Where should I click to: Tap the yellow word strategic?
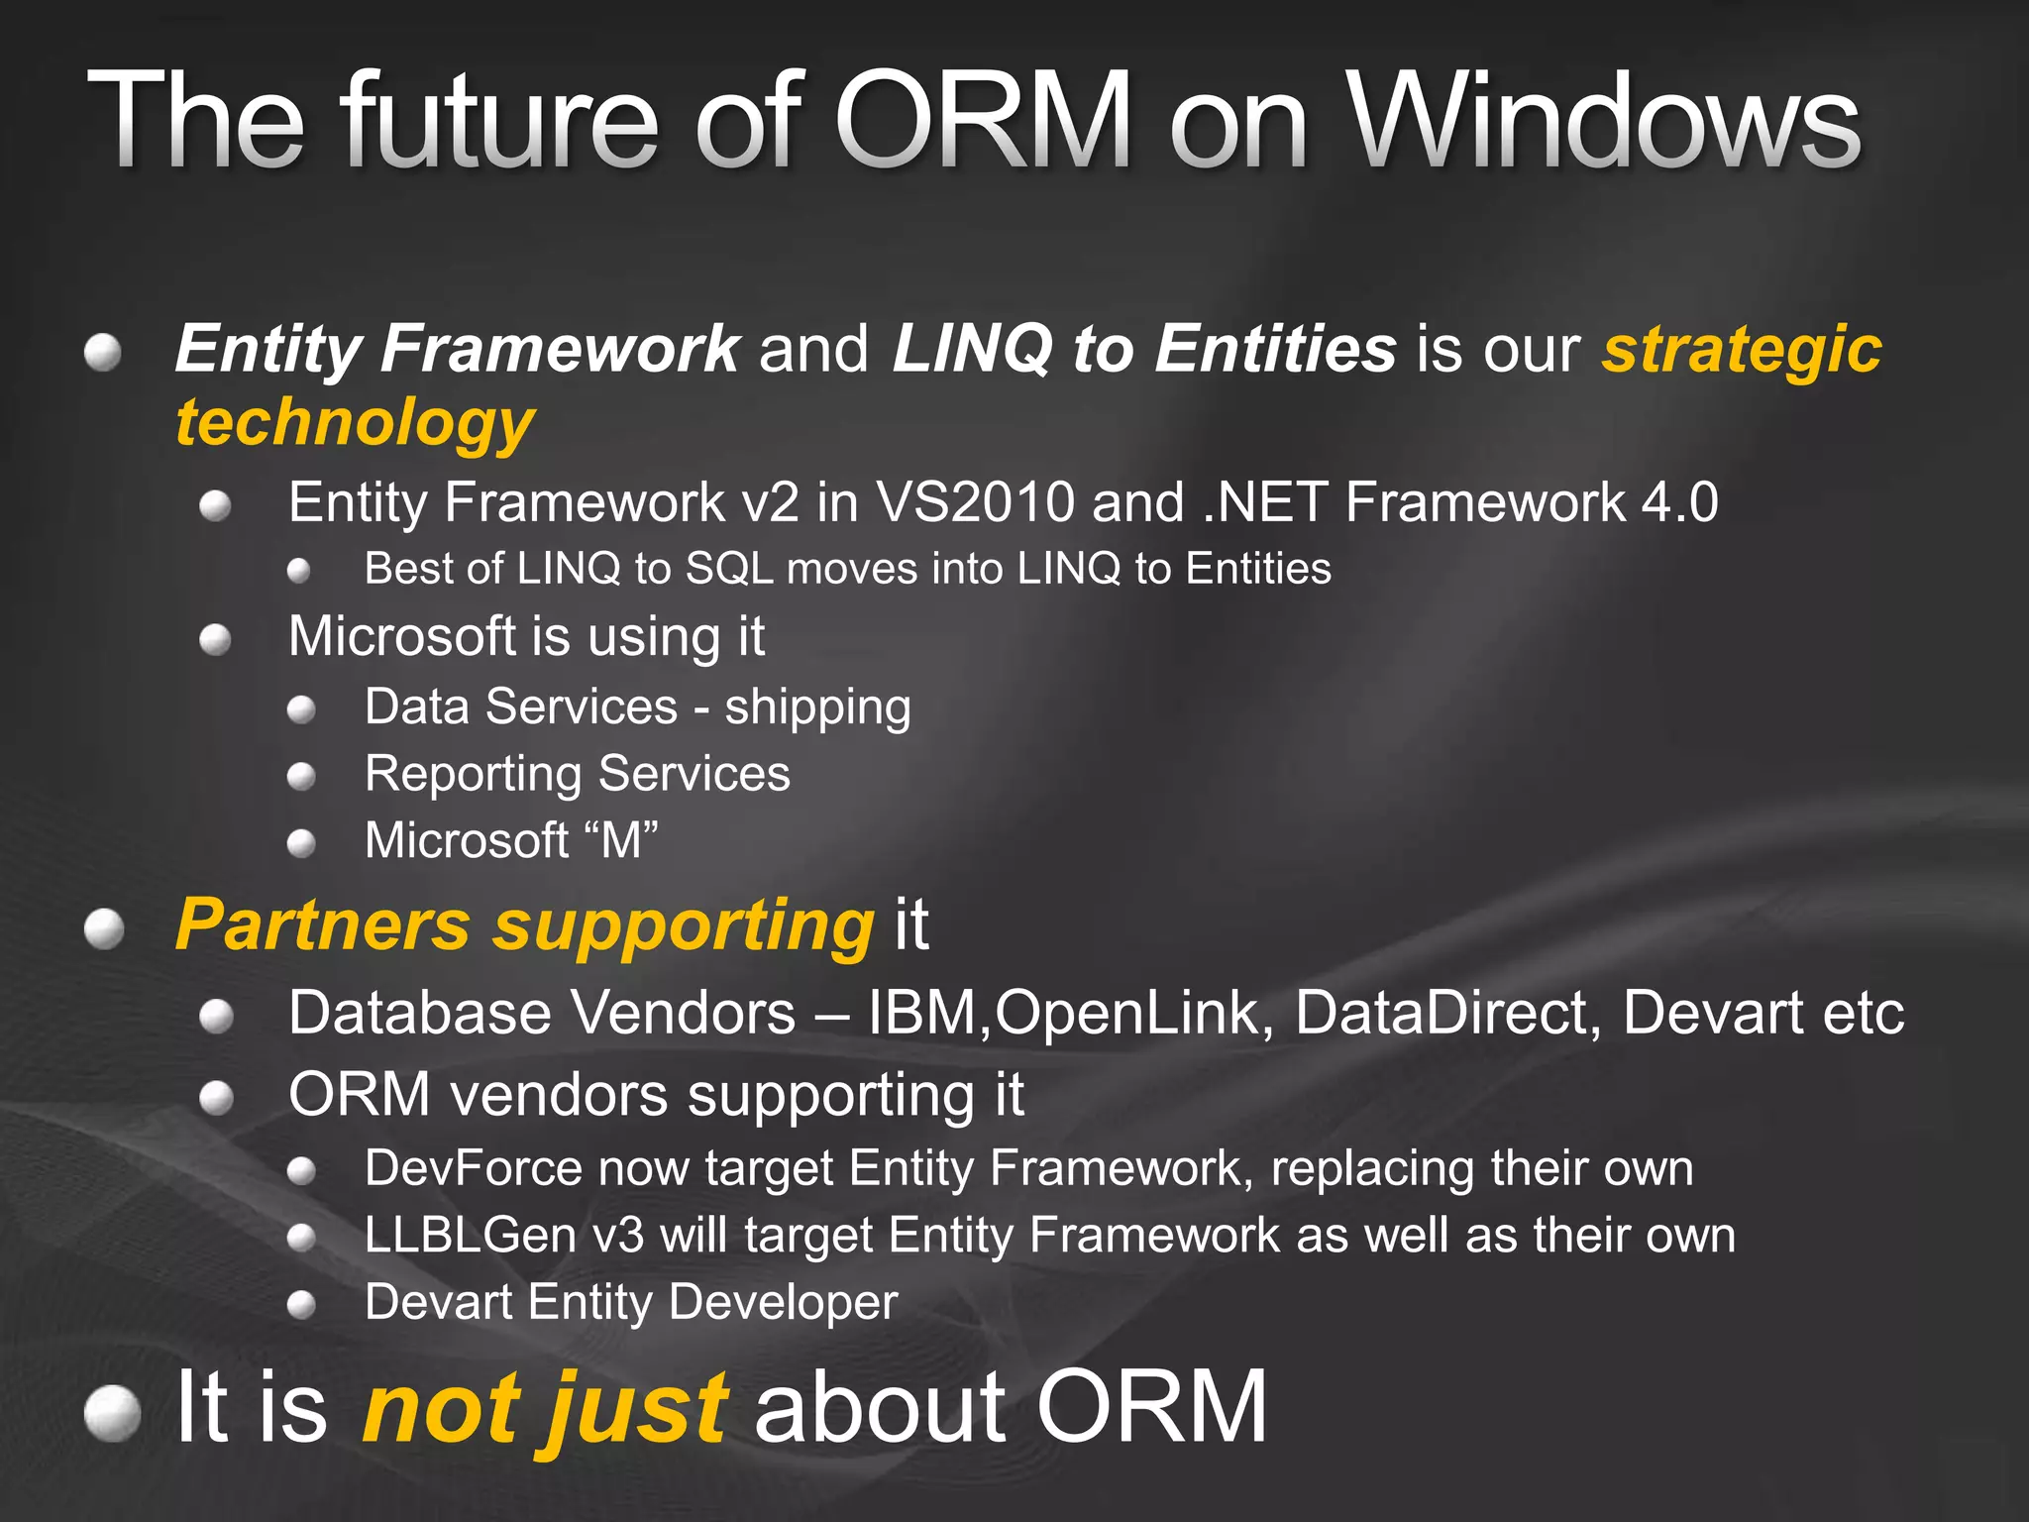[x=1742, y=349]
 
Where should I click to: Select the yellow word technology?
[x=355, y=423]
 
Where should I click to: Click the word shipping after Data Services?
[x=817, y=708]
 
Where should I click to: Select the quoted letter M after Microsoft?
[x=621, y=840]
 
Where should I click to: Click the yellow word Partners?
[x=322, y=924]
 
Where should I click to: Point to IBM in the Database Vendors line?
[x=922, y=1013]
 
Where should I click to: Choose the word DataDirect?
[x=1446, y=1013]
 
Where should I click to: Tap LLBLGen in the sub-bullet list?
[x=470, y=1235]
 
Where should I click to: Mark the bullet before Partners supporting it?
[x=104, y=929]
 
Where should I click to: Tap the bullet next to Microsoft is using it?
[x=215, y=640]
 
